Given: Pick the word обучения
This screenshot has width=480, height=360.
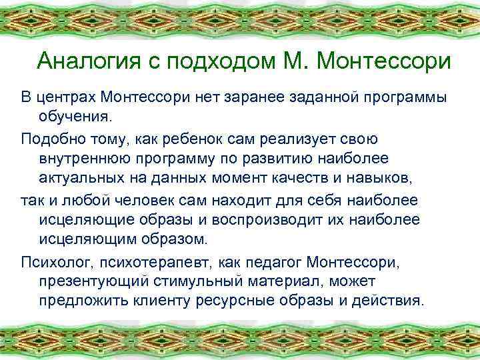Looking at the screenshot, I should coord(77,118).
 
